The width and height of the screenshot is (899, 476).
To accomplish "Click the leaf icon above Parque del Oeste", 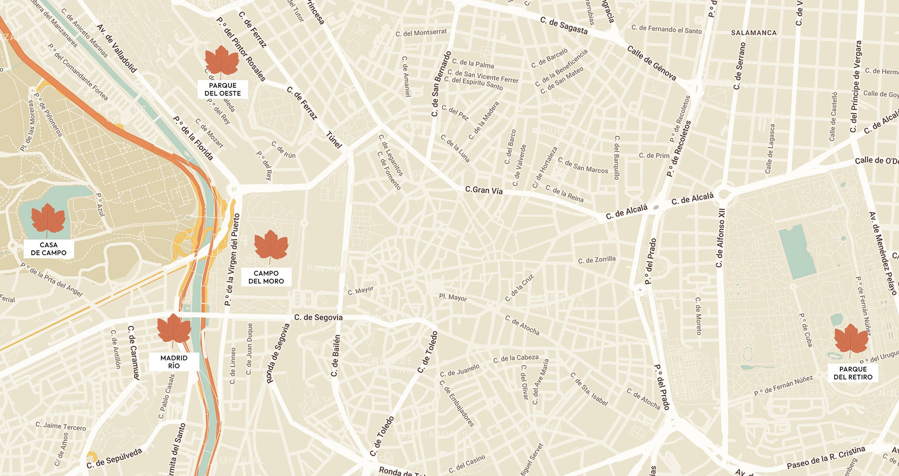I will [x=222, y=61].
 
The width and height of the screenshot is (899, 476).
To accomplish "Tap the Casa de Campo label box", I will [x=48, y=249].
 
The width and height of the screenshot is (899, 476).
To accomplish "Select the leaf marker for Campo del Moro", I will [x=271, y=246].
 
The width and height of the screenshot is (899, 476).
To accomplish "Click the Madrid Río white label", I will [x=174, y=362].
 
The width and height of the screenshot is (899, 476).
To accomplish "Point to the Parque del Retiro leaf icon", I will [x=851, y=340].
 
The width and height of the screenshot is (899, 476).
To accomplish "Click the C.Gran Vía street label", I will [x=483, y=190].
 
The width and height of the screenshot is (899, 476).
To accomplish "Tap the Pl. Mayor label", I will [x=453, y=298].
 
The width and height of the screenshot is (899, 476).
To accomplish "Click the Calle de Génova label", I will [x=651, y=63].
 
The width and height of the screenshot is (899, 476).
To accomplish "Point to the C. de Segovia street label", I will [x=318, y=317].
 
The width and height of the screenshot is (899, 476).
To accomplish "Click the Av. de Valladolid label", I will [x=117, y=48].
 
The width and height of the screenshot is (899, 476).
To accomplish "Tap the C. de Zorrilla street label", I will [x=597, y=260].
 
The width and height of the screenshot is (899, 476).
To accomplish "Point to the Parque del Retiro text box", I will [x=853, y=373].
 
